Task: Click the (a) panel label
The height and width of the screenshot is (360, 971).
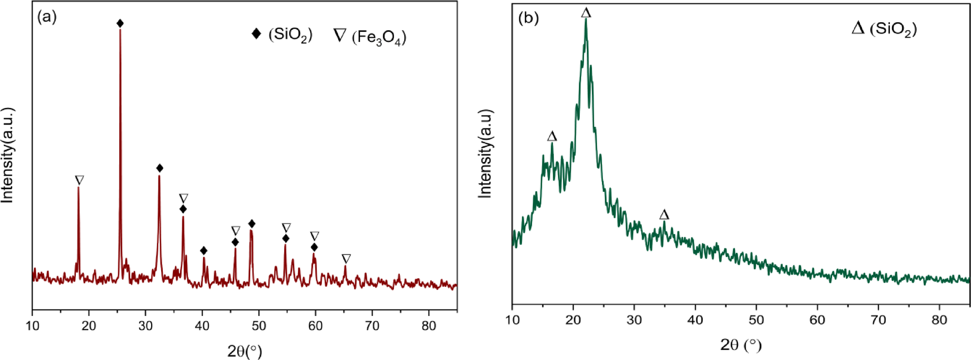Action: pyautogui.click(x=47, y=17)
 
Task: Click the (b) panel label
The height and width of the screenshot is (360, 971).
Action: pyautogui.click(x=528, y=18)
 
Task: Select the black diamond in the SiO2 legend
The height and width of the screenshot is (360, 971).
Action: pyautogui.click(x=256, y=33)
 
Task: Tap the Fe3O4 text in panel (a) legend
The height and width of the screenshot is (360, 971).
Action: pyautogui.click(x=379, y=37)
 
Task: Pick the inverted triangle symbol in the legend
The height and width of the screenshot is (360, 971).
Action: pyautogui.click(x=340, y=36)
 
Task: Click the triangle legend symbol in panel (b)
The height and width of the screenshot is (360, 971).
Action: pyautogui.click(x=858, y=28)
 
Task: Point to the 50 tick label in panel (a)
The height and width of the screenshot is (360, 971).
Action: pyautogui.click(x=259, y=326)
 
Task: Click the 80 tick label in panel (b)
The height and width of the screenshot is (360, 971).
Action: pyautogui.click(x=939, y=320)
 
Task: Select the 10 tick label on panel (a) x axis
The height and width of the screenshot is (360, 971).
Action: pyautogui.click(x=32, y=326)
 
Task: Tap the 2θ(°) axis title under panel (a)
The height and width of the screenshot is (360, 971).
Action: pyautogui.click(x=244, y=350)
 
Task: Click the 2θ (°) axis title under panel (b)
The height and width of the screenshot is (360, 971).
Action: pyautogui.click(x=740, y=345)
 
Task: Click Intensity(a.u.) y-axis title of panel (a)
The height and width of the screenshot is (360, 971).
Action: pyautogui.click(x=7, y=155)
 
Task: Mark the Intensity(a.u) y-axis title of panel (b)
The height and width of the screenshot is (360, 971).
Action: pyautogui.click(x=485, y=154)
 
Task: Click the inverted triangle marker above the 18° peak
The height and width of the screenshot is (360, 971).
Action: pyautogui.click(x=79, y=180)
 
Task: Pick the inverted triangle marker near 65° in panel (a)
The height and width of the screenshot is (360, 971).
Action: pyautogui.click(x=346, y=259)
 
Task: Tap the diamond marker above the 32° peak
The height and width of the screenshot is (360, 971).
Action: pyautogui.click(x=160, y=168)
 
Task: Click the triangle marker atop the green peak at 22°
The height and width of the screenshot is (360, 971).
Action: pyautogui.click(x=586, y=13)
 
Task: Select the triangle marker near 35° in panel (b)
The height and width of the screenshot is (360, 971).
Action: pyautogui.click(x=664, y=215)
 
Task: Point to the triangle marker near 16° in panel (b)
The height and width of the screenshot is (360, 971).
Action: pyautogui.click(x=552, y=137)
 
